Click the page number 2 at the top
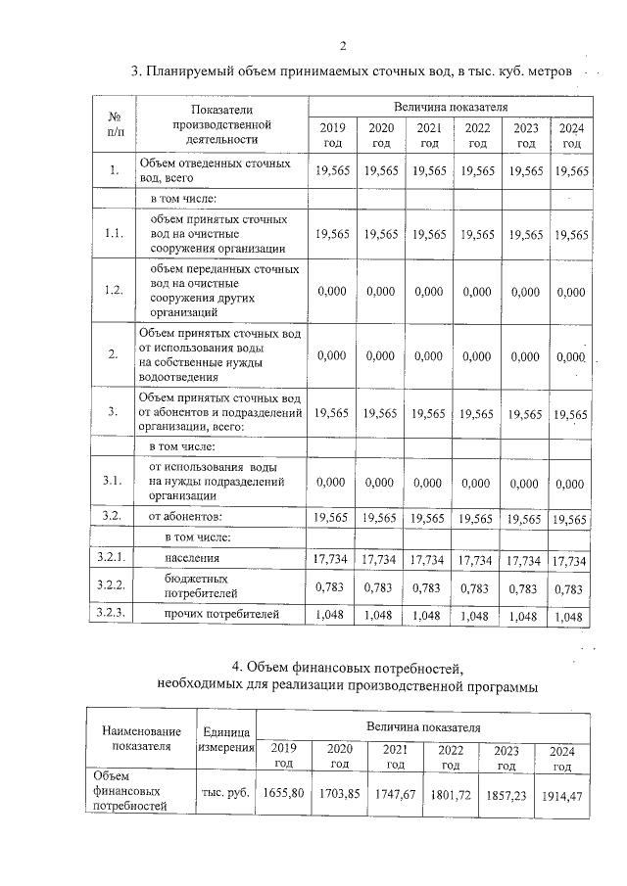coord(343,45)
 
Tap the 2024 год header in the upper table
coord(570,135)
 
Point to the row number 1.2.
coord(114,290)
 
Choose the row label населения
coord(192,559)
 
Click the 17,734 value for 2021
coord(428,560)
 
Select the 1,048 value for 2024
coord(570,617)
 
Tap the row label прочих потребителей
coord(221,614)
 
